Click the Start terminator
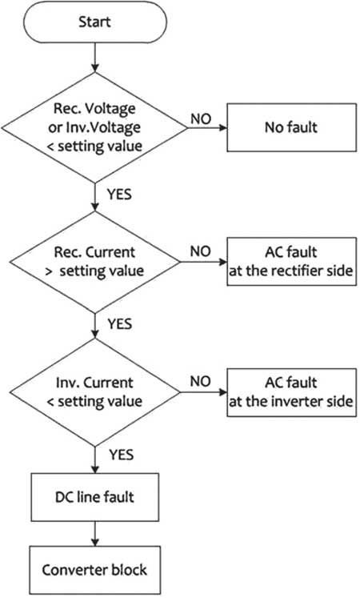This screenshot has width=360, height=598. point(95,22)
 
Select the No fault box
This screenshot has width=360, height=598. point(292,127)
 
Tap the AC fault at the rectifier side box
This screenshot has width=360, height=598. point(292,261)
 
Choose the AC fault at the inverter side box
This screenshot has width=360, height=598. point(292,392)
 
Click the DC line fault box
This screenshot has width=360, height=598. point(95,497)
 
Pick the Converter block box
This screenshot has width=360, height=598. point(95,570)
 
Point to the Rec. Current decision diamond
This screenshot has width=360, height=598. point(95,262)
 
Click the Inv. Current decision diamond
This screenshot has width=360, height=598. point(95,392)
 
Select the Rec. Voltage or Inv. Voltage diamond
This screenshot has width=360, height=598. point(95,127)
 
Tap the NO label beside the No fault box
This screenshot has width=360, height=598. point(201,119)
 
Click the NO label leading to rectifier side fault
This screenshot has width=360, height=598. point(201,251)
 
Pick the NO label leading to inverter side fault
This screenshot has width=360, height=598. point(201,381)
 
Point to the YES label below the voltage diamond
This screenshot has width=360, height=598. point(119,195)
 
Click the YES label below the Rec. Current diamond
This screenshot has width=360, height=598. point(120,324)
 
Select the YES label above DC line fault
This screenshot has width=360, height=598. point(121,455)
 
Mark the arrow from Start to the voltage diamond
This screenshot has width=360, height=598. point(95,58)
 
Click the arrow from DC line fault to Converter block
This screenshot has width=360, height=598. point(95,533)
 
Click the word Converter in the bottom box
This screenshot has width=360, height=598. point(70,570)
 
